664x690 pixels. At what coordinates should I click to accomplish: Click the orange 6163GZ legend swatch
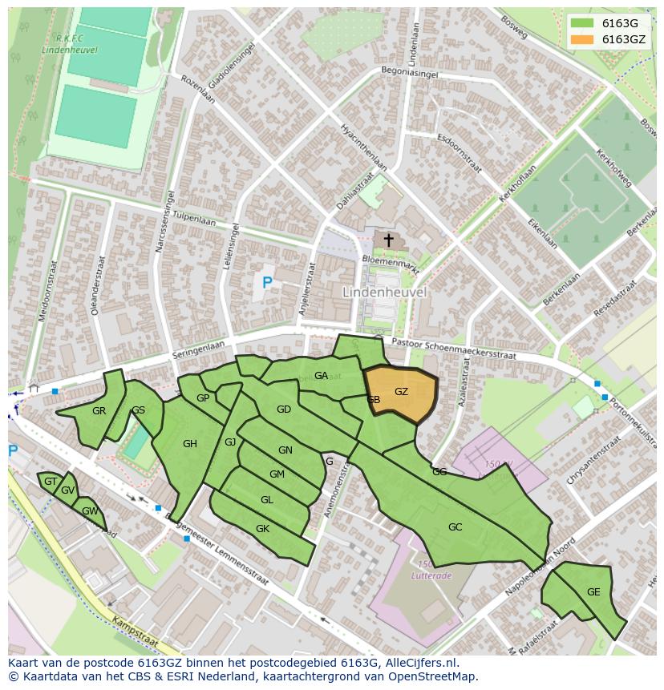pos(582,39)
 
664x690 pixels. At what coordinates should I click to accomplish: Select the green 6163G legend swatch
pos(582,23)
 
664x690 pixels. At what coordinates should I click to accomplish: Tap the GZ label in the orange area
pos(402,392)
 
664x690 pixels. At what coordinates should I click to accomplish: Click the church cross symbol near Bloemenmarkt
pos(389,240)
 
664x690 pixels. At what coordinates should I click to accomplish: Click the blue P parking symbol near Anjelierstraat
pos(267,282)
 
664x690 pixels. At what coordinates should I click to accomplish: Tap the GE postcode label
pos(593,592)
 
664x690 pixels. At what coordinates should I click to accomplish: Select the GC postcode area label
pos(455,527)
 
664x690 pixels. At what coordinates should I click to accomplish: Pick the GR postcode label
pos(99,411)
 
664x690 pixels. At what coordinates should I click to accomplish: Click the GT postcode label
pos(51,482)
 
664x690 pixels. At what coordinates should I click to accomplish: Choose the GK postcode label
pos(262,529)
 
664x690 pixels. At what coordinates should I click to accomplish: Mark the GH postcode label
pos(190,444)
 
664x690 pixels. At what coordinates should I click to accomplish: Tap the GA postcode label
pos(321,376)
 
